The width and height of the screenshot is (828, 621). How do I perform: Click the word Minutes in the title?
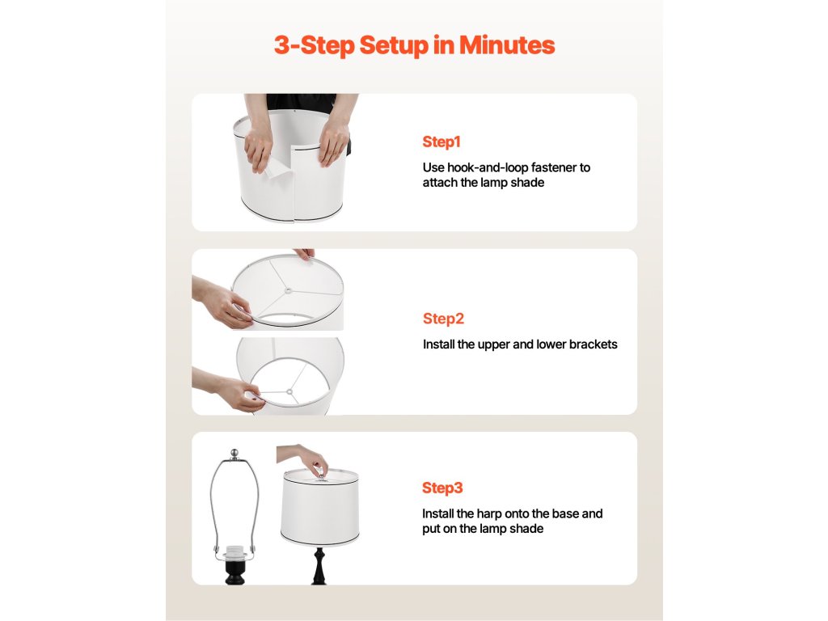point(507,45)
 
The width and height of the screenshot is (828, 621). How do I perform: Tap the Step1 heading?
point(441,142)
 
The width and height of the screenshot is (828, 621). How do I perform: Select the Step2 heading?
point(444,319)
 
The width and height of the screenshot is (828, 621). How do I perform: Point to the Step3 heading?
point(442,488)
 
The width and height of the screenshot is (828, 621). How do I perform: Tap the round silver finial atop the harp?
point(235,453)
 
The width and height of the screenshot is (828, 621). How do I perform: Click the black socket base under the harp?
point(235,572)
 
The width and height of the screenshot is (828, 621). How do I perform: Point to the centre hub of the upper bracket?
point(288,290)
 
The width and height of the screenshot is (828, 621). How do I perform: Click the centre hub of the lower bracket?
point(289,392)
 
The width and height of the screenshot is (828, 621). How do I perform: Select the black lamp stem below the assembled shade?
point(319,565)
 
